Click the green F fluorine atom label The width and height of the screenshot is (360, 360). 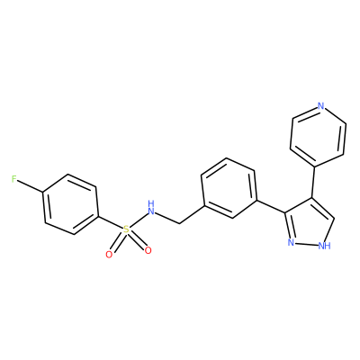(x=14, y=179)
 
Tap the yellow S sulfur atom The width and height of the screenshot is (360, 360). (x=126, y=229)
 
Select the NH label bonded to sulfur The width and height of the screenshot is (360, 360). (x=152, y=208)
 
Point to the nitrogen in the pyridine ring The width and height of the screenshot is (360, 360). (x=320, y=106)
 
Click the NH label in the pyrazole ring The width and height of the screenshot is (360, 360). (x=325, y=246)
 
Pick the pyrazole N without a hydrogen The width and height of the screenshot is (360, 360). (x=291, y=242)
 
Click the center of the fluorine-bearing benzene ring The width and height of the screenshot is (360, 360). (x=71, y=204)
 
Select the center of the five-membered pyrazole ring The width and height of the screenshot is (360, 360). (x=310, y=223)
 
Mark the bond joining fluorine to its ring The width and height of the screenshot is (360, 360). (x=31, y=186)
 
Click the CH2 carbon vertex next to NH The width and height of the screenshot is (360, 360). (x=179, y=223)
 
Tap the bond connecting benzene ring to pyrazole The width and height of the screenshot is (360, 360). (x=271, y=206)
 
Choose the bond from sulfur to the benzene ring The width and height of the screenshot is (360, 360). (x=111, y=222)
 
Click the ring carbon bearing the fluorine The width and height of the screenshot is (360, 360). (x=43, y=193)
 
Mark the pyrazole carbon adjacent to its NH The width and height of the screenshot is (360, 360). (x=334, y=219)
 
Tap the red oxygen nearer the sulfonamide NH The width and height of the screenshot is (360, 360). (x=148, y=250)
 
